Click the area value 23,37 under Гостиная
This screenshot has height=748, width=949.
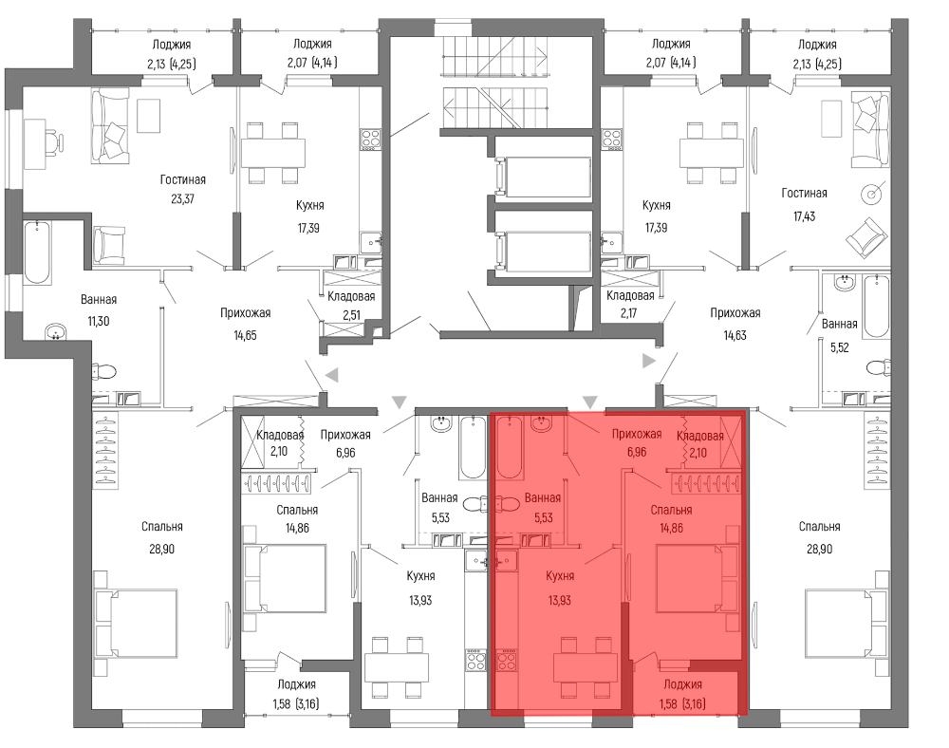[182, 198]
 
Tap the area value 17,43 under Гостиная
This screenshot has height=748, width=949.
[805, 216]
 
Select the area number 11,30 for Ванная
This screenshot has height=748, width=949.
[99, 322]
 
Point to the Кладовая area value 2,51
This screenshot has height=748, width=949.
[352, 315]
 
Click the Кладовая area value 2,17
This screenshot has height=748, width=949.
[629, 313]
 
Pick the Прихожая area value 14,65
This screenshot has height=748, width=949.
[245, 335]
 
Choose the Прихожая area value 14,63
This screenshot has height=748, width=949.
[735, 335]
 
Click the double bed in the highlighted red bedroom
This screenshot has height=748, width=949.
[698, 578]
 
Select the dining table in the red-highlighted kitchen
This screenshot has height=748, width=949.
[586, 667]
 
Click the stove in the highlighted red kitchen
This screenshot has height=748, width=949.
[506, 660]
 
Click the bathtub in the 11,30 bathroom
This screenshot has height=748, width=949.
[38, 252]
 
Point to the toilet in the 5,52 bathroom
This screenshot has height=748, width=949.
[878, 368]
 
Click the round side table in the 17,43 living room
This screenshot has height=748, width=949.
[872, 194]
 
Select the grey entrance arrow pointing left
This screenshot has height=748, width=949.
[331, 376]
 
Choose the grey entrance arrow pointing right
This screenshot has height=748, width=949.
[649, 362]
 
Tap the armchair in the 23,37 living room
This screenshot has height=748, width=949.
[109, 243]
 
